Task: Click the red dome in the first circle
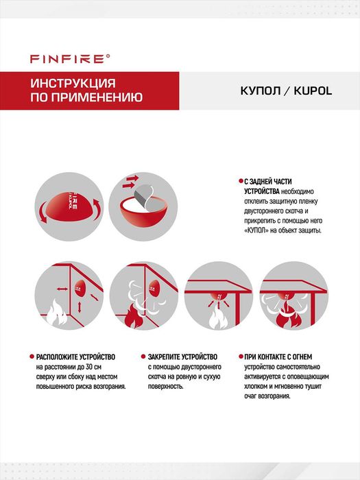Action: [68, 206]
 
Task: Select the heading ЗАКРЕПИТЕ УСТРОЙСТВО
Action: [182, 357]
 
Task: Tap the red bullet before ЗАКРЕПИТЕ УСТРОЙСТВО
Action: [143, 357]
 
